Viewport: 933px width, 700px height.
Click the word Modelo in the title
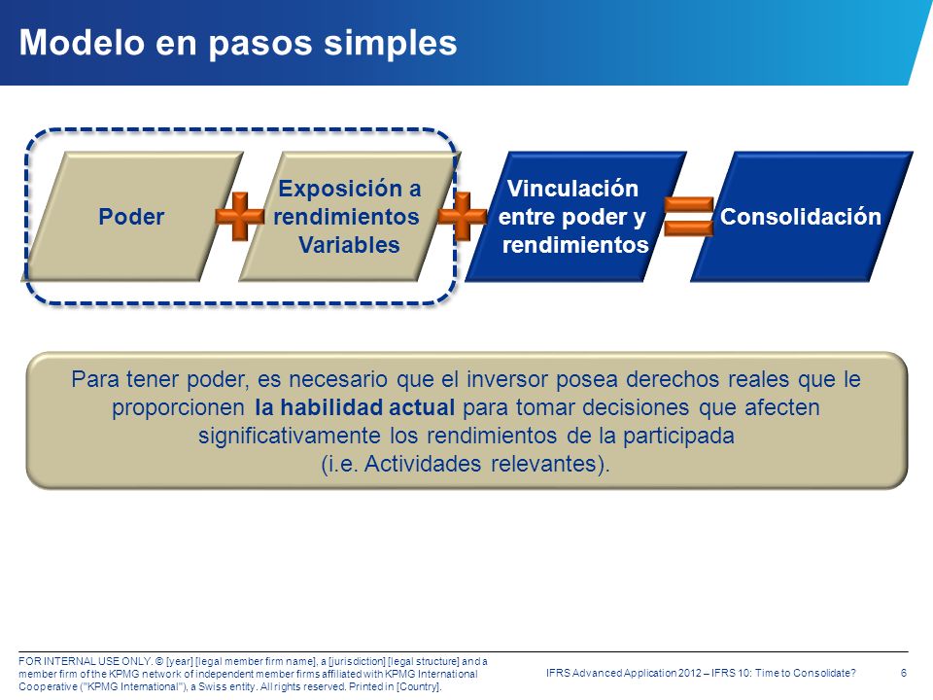pyautogui.click(x=83, y=43)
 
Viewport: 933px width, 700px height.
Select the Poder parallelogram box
pyautogui.click(x=132, y=216)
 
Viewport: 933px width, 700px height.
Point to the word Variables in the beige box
pyautogui.click(x=349, y=245)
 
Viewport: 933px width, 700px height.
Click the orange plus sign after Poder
pyautogui.click(x=240, y=216)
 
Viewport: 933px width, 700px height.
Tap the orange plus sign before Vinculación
pyautogui.click(x=463, y=216)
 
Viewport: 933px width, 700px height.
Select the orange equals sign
pyautogui.click(x=688, y=216)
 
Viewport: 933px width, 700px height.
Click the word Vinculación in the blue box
pyautogui.click(x=572, y=188)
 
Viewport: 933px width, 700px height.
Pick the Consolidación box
pyautogui.click(x=802, y=216)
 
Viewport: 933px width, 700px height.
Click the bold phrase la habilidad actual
pyautogui.click(x=355, y=407)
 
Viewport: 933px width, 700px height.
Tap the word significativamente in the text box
pyautogui.click(x=290, y=436)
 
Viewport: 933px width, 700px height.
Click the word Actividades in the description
pyautogui.click(x=423, y=464)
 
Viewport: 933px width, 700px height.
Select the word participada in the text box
pyautogui.click(x=678, y=436)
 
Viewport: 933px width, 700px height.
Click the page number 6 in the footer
pyautogui.click(x=903, y=673)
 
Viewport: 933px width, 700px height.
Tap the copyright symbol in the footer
pyautogui.click(x=158, y=661)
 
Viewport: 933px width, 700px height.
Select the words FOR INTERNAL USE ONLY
pyautogui.click(x=86, y=661)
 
